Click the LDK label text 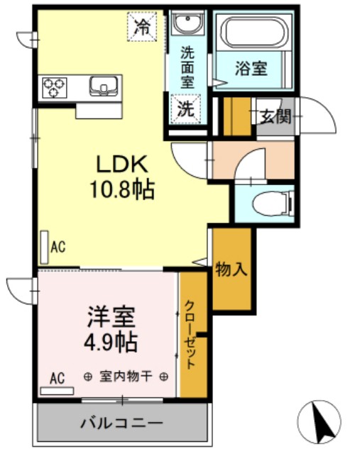coord(121,164)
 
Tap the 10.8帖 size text coord(122,189)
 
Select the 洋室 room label coord(111,317)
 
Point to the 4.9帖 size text coord(111,342)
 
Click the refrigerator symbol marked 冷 coord(142,26)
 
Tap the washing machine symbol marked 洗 coord(185,109)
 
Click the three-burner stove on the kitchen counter coord(54,88)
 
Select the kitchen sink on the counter coord(104,86)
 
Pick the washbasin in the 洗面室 coord(187,23)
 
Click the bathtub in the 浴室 coord(254,32)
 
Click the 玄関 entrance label coord(276,116)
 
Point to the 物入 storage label coord(231,269)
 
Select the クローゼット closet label coord(190,335)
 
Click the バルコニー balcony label coord(121,423)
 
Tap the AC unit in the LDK coord(44,248)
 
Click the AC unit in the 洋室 coord(57,391)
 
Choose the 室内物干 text coord(126,376)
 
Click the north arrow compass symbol coord(319,422)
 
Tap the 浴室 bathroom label coord(251,69)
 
